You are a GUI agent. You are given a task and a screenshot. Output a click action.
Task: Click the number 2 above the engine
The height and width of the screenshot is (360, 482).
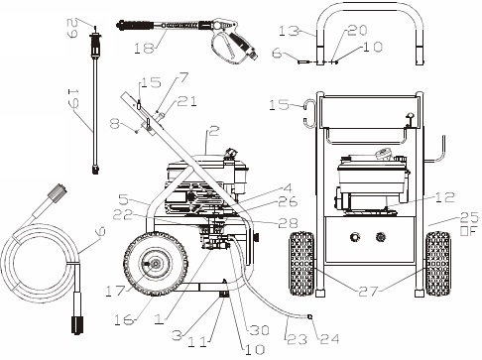[212, 130]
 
